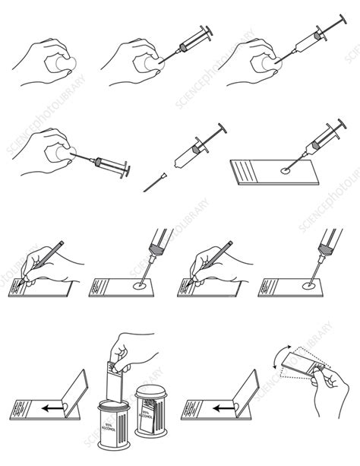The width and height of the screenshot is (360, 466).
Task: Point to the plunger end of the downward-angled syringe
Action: click(128, 168)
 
